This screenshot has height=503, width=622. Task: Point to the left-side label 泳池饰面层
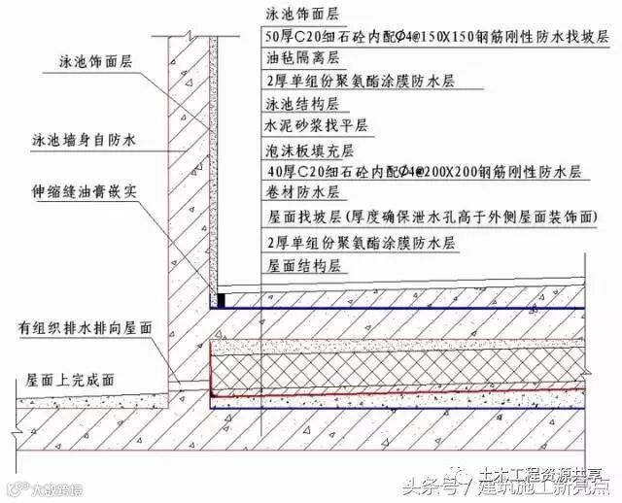point(92,60)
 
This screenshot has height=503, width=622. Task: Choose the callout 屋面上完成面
point(67,384)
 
